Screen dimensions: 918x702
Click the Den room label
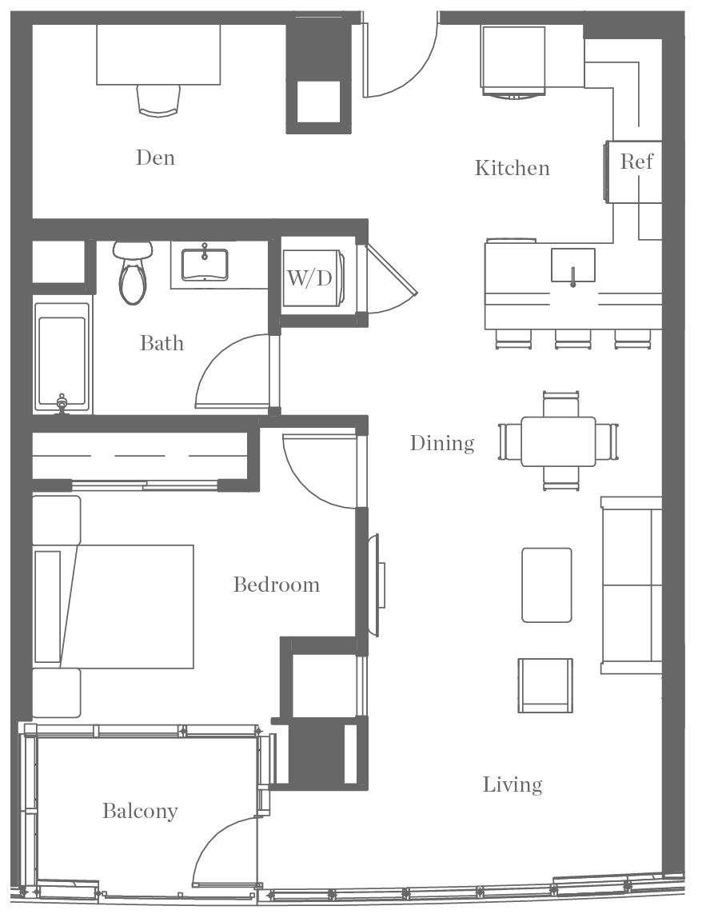[x=155, y=158]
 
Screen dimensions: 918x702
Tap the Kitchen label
[x=512, y=168]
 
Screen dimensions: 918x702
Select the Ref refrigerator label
[x=636, y=162]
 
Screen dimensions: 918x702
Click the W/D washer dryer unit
[x=311, y=277]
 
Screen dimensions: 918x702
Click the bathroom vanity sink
[x=205, y=264]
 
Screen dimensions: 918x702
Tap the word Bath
[x=162, y=343]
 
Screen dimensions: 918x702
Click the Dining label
[x=442, y=443]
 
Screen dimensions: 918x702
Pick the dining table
[x=558, y=441]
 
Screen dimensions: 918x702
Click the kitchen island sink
[x=572, y=265]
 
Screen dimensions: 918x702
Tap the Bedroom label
[x=277, y=585]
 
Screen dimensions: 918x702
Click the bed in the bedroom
[x=120, y=606]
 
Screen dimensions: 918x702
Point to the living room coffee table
[x=547, y=585]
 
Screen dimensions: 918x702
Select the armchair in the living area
[x=544, y=685]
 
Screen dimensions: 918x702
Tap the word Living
[x=513, y=784]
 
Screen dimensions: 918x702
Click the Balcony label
[x=140, y=811]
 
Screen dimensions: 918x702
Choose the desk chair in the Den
[x=158, y=100]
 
